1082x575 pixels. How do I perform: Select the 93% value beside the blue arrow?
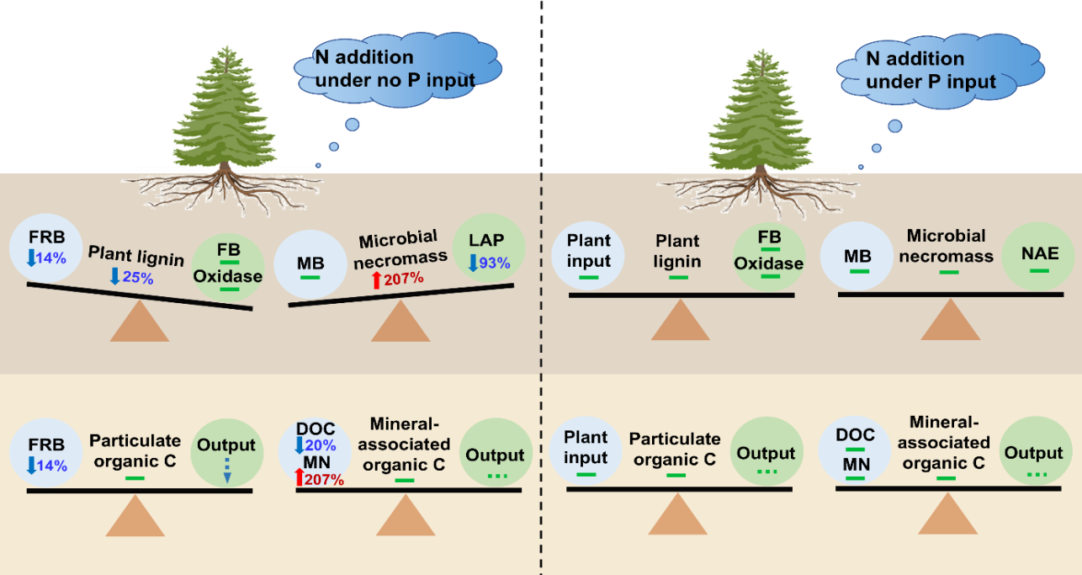495,263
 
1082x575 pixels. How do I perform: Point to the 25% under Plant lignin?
137,278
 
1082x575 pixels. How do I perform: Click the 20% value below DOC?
320,445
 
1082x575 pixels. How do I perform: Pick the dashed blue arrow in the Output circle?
226,470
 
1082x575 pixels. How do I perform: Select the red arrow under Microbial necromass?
376,279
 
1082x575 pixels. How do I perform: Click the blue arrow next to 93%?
473,263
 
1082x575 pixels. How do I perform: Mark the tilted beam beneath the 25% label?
140,296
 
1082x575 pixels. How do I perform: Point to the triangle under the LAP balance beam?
400,321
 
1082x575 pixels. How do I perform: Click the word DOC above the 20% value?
316,429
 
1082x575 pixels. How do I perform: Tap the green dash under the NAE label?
1039,270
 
